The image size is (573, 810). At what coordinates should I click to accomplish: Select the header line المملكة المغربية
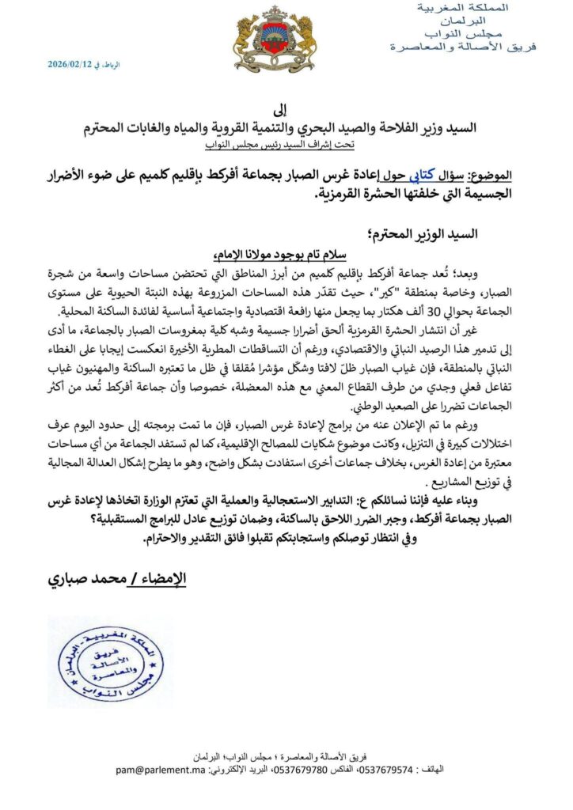pos(472,7)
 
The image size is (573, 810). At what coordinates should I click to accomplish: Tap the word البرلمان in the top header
pos(477,21)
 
